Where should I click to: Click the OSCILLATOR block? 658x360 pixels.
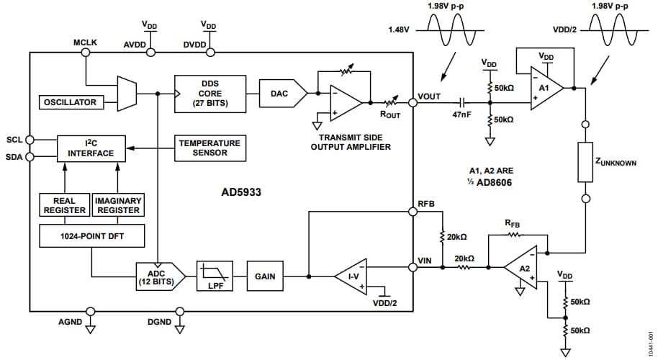70,102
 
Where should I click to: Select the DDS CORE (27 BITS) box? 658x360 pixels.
210,93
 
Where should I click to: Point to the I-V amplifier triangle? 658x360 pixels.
350,276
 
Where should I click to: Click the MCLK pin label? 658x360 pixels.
85,42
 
